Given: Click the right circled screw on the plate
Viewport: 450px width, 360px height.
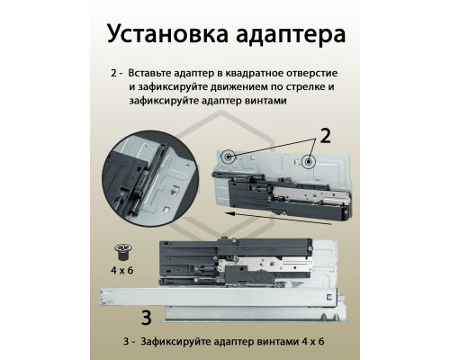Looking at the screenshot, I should point(308,162).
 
